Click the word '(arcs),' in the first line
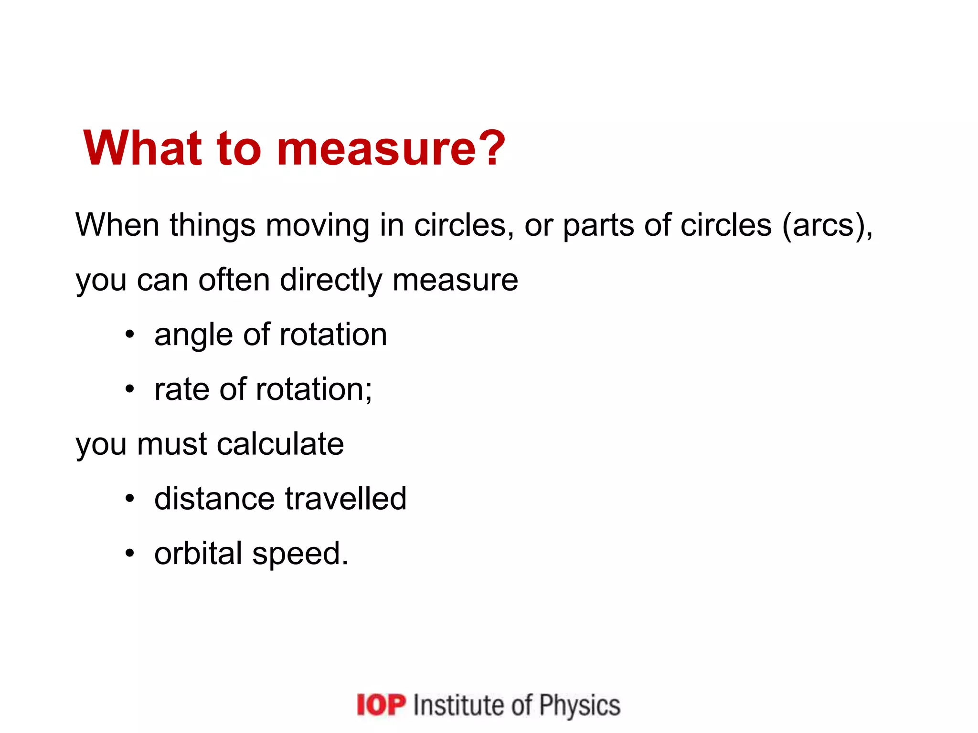coord(827,226)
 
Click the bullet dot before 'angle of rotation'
coord(130,335)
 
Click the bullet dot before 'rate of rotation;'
coord(130,389)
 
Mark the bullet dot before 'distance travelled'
coord(130,499)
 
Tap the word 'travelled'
coord(346,499)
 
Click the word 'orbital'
coord(198,554)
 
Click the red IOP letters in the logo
coord(381,705)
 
